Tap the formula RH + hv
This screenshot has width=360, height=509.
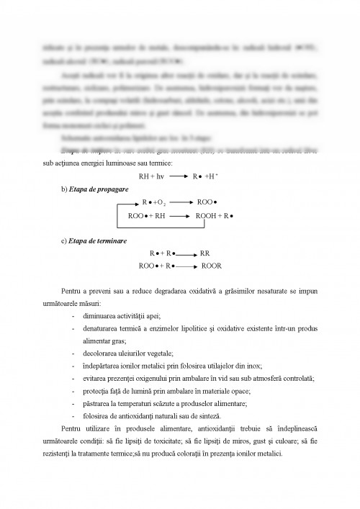pos(152,175)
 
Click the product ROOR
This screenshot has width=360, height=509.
pos(211,266)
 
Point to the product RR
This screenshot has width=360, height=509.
pos(205,254)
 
